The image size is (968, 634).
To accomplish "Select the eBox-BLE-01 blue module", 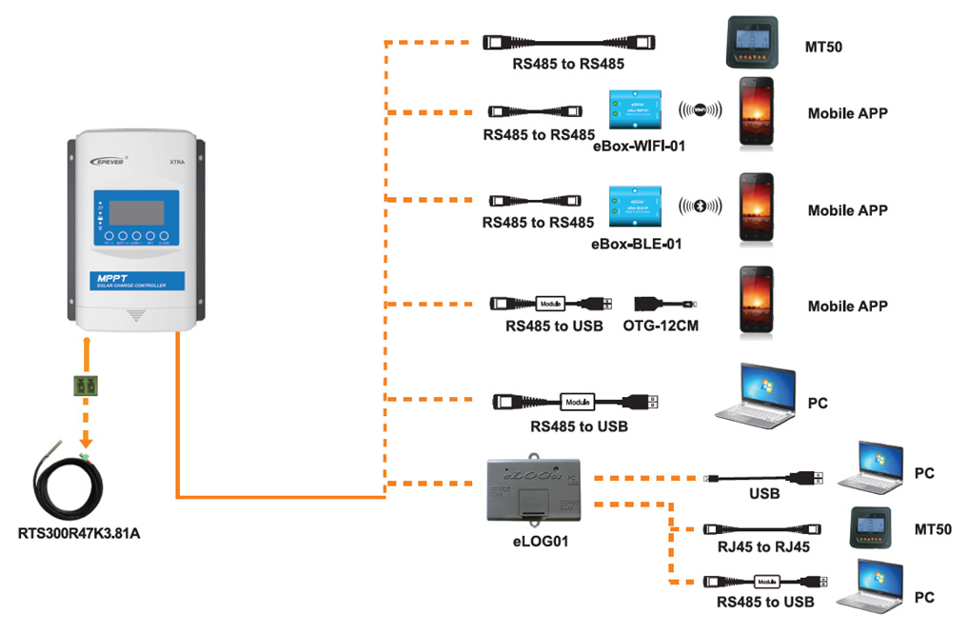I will (x=637, y=207).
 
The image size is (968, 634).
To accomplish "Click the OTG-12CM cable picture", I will (x=666, y=304).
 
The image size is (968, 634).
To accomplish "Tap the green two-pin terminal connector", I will (x=87, y=386).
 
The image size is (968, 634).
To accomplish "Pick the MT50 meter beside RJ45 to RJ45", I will (x=876, y=529).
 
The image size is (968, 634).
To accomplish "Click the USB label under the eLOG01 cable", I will (x=764, y=494).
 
